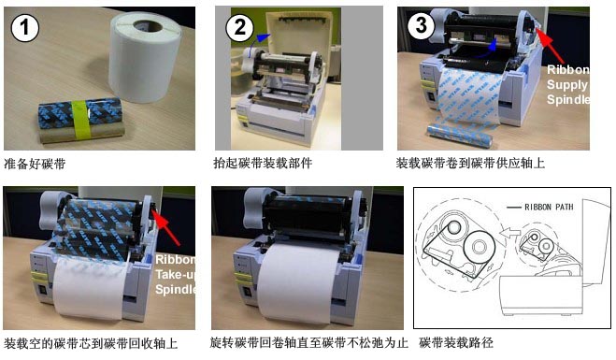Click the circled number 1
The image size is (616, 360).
tap(24, 27)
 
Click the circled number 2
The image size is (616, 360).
tap(239, 27)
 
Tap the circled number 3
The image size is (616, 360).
tap(422, 25)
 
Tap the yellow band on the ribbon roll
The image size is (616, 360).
tap(81, 119)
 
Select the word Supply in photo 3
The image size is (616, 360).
tap(567, 84)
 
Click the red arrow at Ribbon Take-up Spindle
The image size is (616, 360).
tap(166, 228)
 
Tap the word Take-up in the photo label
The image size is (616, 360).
tap(175, 274)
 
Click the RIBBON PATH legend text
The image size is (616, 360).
tap(549, 207)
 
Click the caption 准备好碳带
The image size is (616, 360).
tap(35, 164)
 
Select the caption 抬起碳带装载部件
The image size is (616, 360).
tap(263, 163)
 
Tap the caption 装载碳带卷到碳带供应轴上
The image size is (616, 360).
tap(470, 163)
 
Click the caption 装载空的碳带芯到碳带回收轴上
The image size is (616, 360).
tap(91, 343)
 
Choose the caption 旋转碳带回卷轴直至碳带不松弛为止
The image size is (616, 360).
tap(308, 343)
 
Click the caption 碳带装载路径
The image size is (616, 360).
tap(456, 343)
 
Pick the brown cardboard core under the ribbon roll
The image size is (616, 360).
tap(80, 134)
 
